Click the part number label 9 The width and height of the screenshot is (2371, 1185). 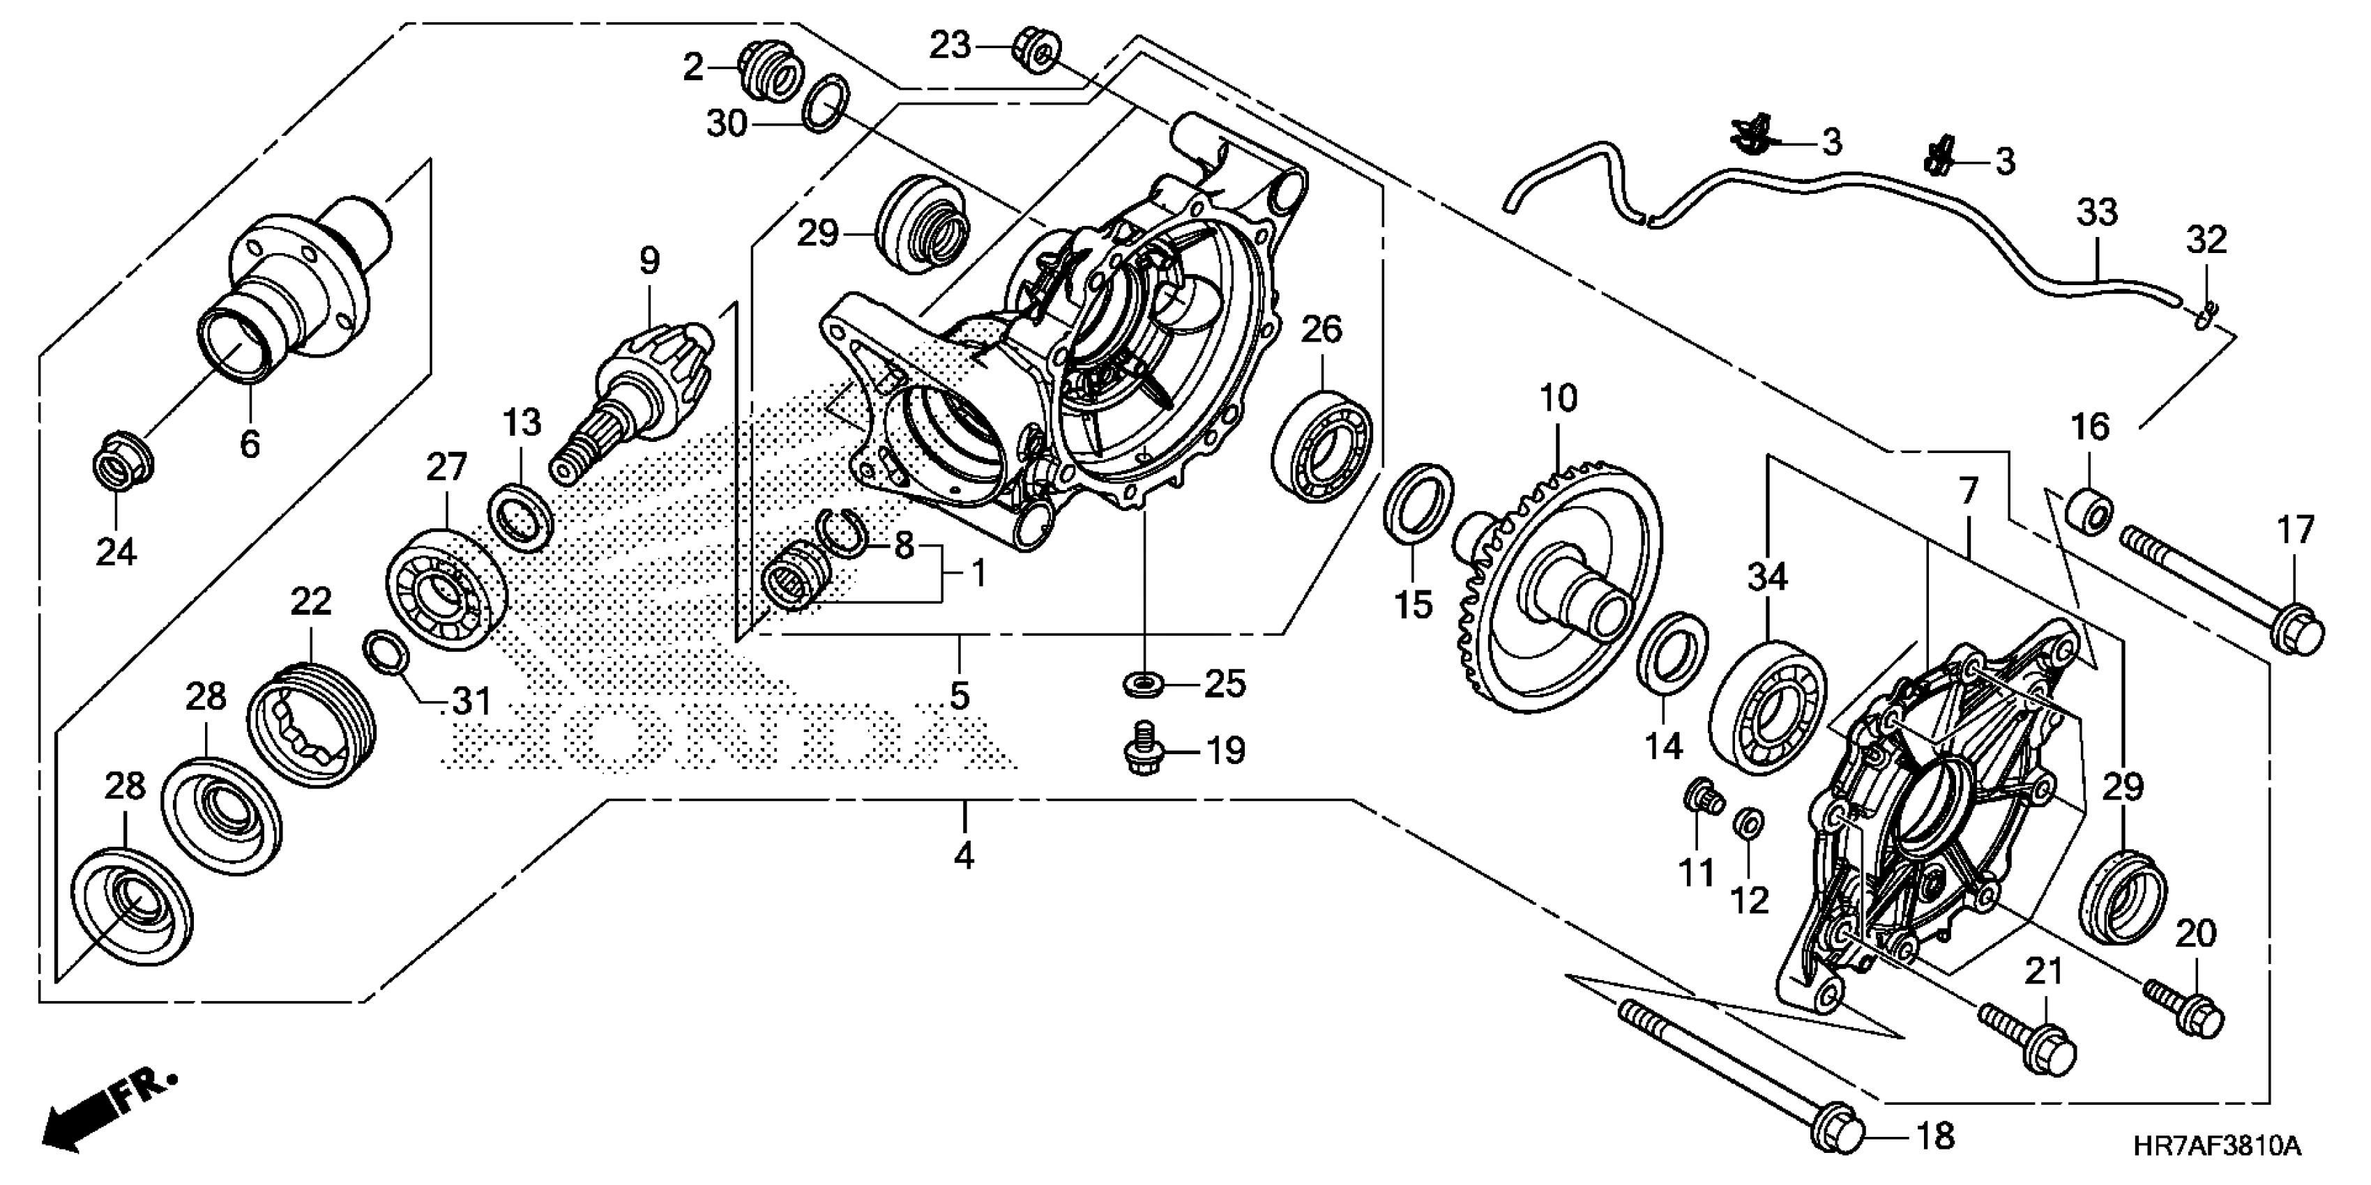tap(650, 261)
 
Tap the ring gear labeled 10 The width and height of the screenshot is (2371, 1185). tap(1565, 589)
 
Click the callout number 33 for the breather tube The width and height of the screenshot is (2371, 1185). tap(2097, 213)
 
